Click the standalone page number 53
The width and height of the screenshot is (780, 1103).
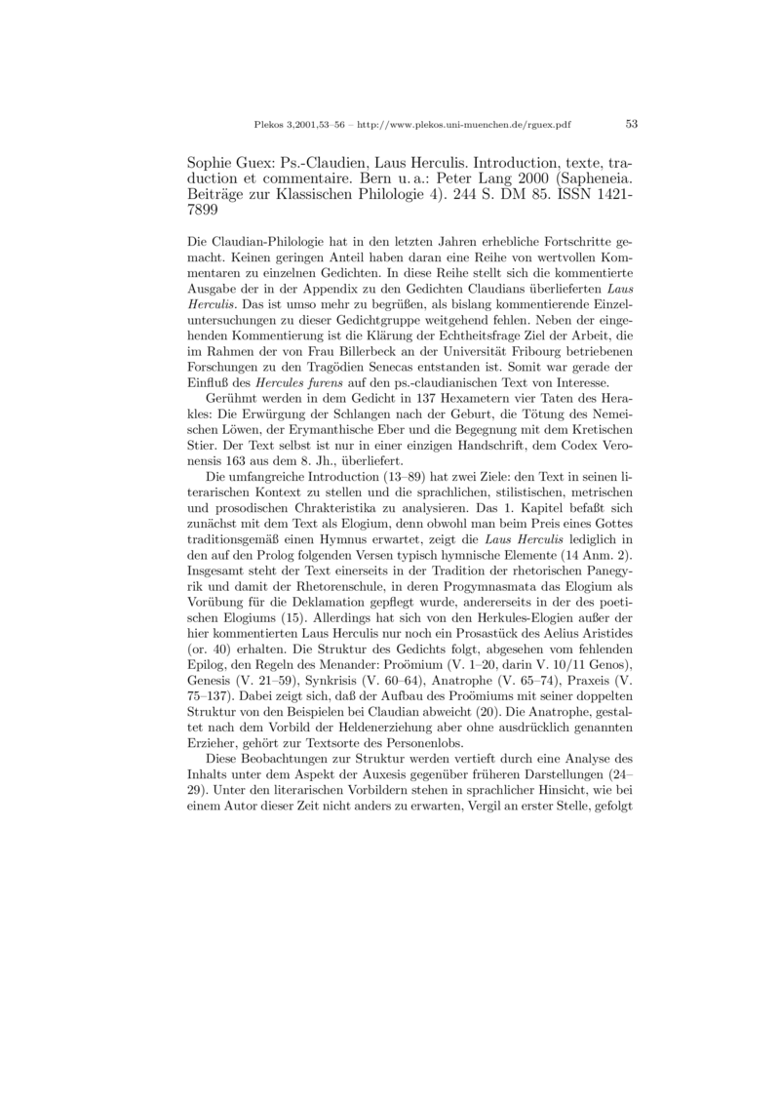(x=630, y=125)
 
